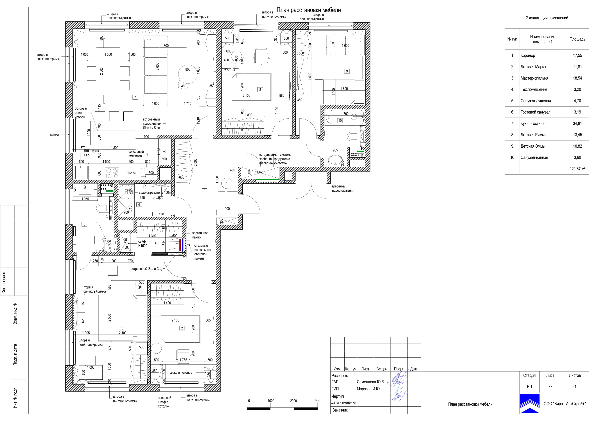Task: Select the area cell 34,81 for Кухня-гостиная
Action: tap(577, 123)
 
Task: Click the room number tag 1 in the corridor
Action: tap(205, 191)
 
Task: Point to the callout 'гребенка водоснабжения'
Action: tap(343, 188)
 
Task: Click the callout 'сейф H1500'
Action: tap(142, 244)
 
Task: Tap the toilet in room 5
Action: tap(102, 208)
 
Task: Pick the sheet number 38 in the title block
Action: tap(550, 387)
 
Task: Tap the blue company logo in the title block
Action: tap(530, 403)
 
